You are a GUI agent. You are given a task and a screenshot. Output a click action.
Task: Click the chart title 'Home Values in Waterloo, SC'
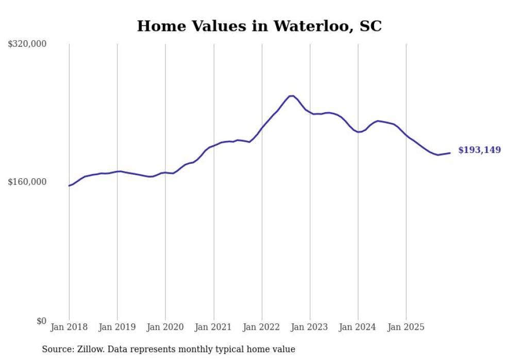point(259,26)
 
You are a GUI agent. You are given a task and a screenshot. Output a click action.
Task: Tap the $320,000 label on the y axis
point(27,44)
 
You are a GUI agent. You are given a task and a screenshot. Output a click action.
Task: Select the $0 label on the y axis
point(41,321)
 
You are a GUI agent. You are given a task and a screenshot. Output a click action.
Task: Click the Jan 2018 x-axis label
point(69,327)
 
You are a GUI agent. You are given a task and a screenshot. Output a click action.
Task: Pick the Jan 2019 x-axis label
point(117,327)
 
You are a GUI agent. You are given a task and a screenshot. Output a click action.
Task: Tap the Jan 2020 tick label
point(165,327)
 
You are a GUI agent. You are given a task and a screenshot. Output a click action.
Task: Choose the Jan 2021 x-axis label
point(213,327)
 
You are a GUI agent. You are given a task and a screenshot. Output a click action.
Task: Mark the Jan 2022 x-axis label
point(262,327)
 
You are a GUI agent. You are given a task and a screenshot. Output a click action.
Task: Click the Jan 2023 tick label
point(310,327)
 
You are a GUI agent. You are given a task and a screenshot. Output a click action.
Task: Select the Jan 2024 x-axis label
point(358,327)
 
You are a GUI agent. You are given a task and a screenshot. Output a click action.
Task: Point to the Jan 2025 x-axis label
point(406,327)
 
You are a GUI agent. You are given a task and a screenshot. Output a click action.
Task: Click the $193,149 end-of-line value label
point(479,150)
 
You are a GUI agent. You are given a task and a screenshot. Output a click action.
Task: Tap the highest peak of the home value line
point(292,96)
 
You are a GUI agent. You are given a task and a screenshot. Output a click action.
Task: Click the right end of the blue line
point(450,152)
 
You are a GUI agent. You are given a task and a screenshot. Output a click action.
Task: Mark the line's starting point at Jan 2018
point(69,185)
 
